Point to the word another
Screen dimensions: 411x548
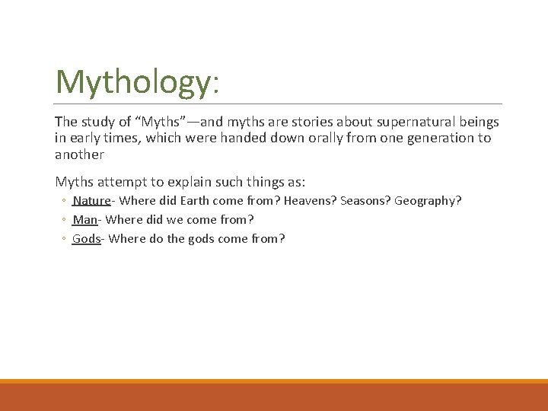click(79, 155)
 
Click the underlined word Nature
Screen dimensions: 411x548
click(91, 201)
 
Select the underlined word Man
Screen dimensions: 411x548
click(84, 220)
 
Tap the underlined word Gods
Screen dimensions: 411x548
click(86, 239)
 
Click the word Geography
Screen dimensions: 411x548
click(429, 201)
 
